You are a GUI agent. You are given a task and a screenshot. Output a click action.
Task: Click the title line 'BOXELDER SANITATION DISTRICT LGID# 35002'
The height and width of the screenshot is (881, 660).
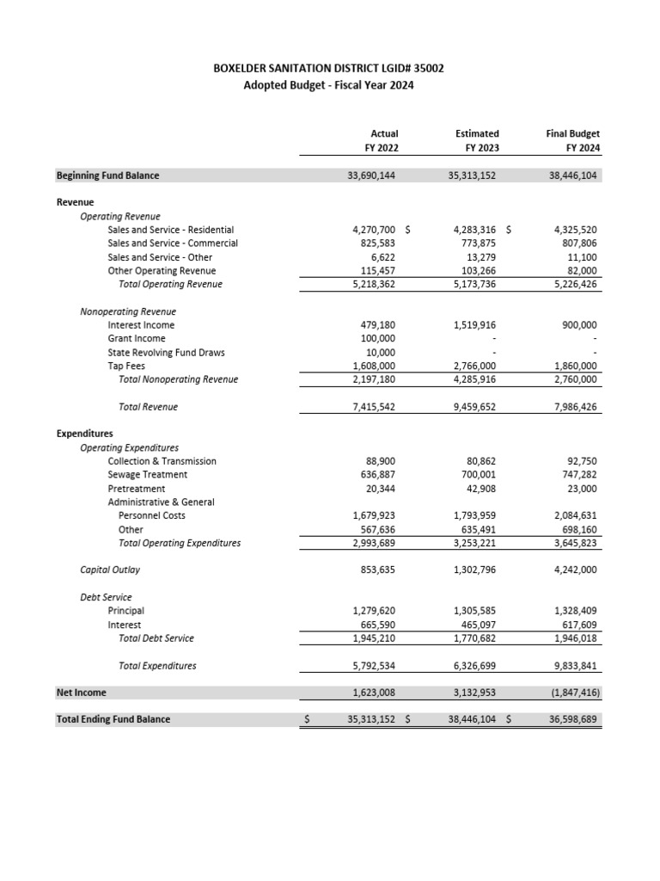[329, 68]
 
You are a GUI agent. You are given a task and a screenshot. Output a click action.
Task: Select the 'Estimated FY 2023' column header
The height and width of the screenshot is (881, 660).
[477, 141]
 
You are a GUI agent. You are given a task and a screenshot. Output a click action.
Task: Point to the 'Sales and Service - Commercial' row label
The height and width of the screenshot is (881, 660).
[173, 243]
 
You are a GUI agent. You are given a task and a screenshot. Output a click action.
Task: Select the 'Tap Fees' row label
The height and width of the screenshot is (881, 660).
[126, 366]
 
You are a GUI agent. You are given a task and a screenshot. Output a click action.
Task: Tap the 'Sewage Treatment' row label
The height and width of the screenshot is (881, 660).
[147, 475]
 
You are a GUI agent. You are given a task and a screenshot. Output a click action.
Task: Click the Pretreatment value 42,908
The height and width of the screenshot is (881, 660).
[477, 489]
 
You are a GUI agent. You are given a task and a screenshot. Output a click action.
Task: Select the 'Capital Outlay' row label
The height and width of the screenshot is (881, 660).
[110, 570]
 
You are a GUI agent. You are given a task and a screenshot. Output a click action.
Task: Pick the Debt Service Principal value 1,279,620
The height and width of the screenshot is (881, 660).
[372, 611]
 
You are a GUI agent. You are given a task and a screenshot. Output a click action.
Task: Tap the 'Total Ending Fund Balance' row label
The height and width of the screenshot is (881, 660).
[113, 719]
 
